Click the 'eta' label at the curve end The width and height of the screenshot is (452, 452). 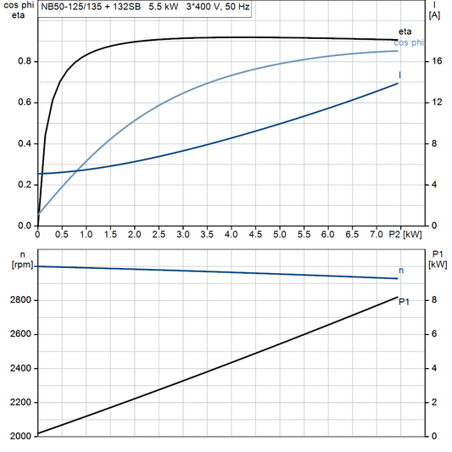click(406, 31)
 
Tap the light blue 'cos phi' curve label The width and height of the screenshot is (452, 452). click(410, 42)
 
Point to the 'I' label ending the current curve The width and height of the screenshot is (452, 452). click(400, 75)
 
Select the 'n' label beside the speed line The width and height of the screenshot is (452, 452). click(401, 270)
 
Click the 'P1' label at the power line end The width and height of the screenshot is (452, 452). click(405, 301)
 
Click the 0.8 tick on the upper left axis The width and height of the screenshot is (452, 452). click(25, 62)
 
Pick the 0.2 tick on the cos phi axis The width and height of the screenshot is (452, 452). click(25, 185)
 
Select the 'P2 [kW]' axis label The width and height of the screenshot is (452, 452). click(405, 233)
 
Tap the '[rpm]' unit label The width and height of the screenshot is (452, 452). click(17, 265)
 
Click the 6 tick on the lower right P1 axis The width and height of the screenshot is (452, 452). click(433, 334)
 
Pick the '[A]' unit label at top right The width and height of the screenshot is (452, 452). click(435, 15)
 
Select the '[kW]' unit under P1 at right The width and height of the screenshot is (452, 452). click(438, 265)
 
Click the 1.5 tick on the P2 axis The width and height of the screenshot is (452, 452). click(110, 233)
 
